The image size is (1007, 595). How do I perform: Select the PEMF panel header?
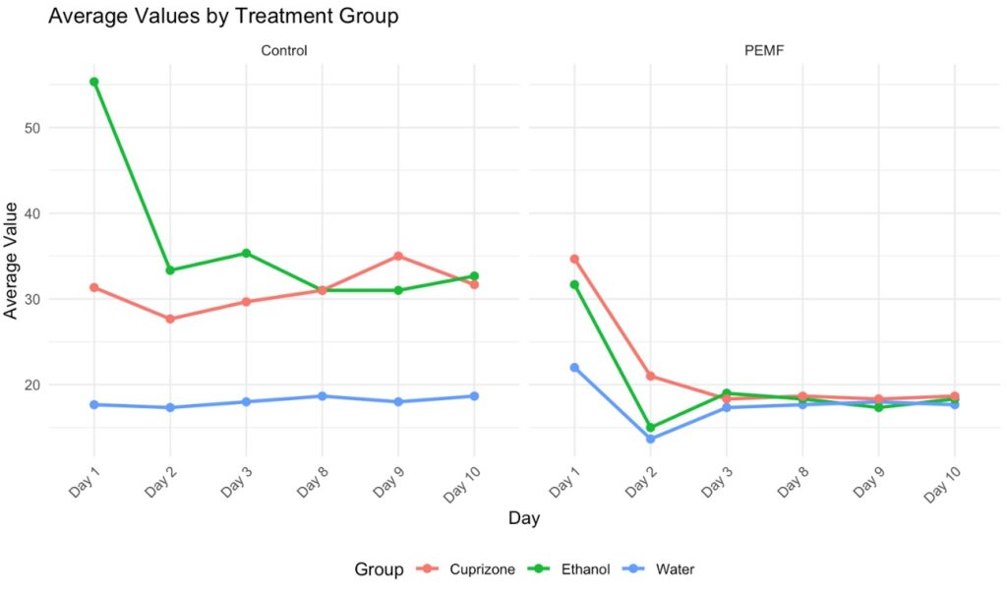(x=763, y=50)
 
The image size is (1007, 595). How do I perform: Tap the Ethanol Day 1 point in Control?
(x=94, y=82)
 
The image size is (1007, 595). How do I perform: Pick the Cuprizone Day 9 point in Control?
(x=398, y=256)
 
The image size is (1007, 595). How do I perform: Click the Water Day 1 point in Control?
(x=94, y=404)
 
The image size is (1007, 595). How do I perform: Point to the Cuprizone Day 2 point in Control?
(x=170, y=319)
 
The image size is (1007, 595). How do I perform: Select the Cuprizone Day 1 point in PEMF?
(x=574, y=259)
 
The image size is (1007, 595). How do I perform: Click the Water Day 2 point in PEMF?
(x=650, y=439)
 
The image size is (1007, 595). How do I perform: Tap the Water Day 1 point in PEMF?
(x=574, y=367)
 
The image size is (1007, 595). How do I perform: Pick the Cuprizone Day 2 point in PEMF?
(x=650, y=376)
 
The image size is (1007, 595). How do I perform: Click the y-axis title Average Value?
(x=11, y=261)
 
